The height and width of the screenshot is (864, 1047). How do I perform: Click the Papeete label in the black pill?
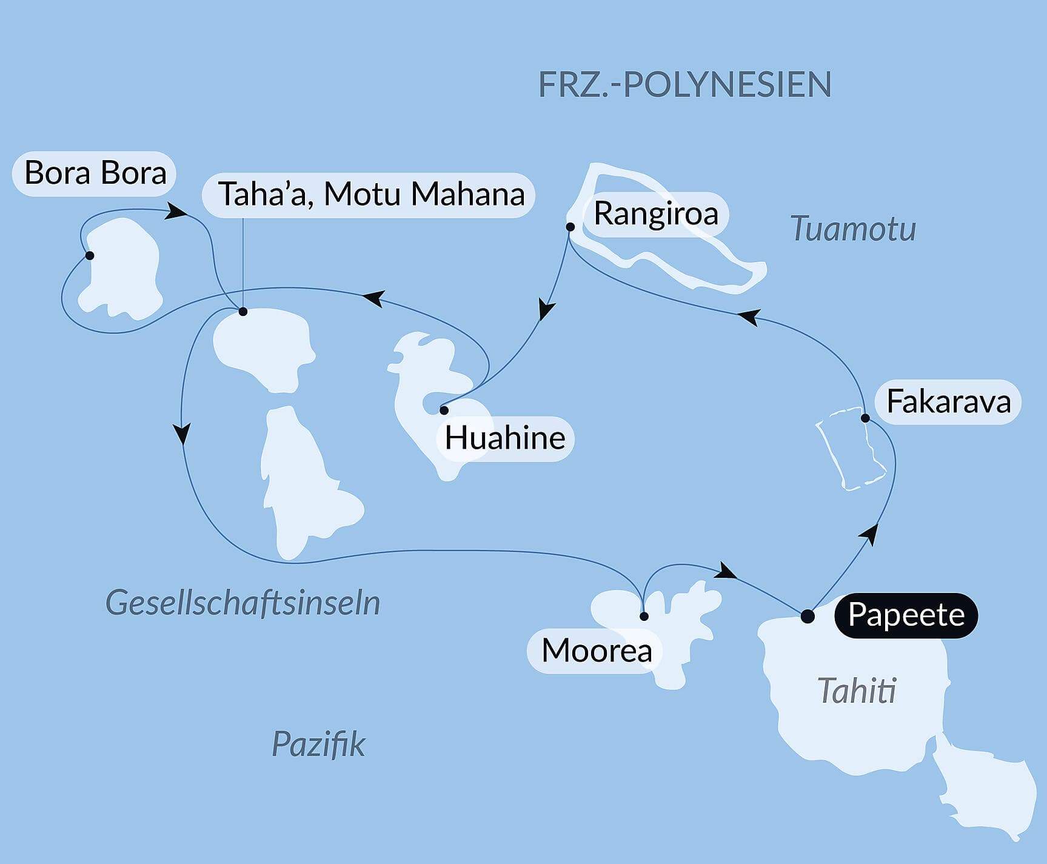coord(906,615)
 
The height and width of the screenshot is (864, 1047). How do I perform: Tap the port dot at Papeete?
coord(808,617)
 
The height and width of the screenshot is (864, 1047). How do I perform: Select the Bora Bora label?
coord(95,173)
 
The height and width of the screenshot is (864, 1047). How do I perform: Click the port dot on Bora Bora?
coord(90,255)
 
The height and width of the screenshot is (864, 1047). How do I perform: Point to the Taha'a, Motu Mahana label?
coord(370,195)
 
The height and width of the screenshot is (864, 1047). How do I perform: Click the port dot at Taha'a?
coord(243,312)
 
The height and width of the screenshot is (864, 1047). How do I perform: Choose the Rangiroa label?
coord(655,213)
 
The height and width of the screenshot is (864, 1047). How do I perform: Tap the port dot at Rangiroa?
coord(570,227)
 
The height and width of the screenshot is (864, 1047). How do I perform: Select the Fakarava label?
coord(948,401)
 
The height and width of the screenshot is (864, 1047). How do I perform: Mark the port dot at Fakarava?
coord(866,418)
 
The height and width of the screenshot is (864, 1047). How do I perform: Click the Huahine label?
coord(505,438)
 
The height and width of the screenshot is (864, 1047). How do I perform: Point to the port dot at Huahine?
coord(444,410)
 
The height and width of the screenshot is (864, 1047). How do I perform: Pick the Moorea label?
coord(596,651)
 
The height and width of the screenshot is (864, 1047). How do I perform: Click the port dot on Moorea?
coord(644,617)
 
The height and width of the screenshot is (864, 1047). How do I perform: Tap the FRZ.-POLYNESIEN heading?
coord(684,84)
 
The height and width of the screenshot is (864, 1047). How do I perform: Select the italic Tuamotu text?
coord(853,229)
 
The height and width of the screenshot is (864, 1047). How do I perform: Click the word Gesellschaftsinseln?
coord(243,603)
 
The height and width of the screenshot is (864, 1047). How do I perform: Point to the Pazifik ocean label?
coord(318,744)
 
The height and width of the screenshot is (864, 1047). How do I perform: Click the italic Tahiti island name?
coord(856,691)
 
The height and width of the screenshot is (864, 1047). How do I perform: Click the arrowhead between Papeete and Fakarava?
coord(871,535)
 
